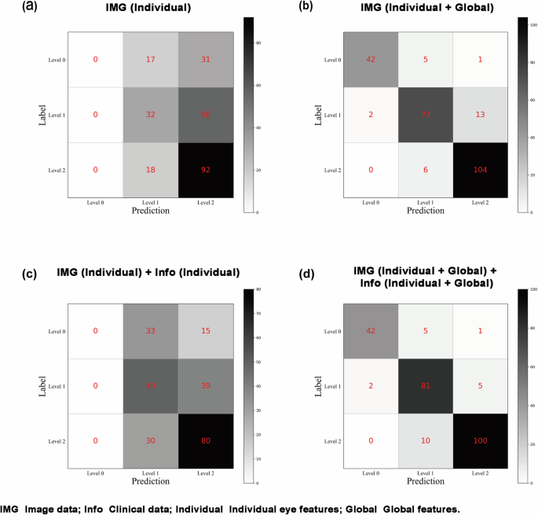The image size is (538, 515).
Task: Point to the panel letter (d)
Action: click(x=284, y=274)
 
